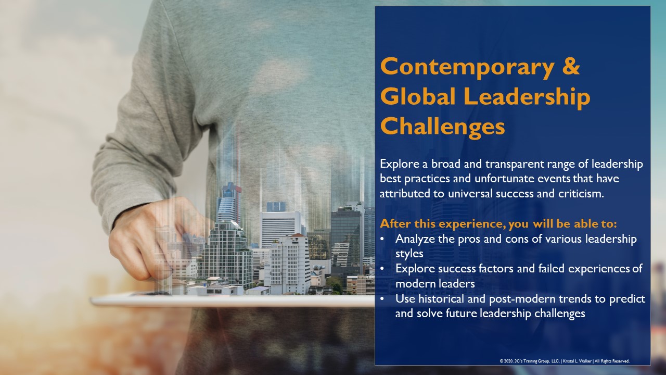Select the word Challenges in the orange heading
point(442,127)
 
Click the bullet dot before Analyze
point(382,239)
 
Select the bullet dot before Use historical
point(382,299)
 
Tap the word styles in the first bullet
point(409,254)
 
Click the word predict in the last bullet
point(627,299)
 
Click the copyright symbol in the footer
point(501,361)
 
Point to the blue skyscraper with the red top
point(229,203)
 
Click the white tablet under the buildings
point(232,301)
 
